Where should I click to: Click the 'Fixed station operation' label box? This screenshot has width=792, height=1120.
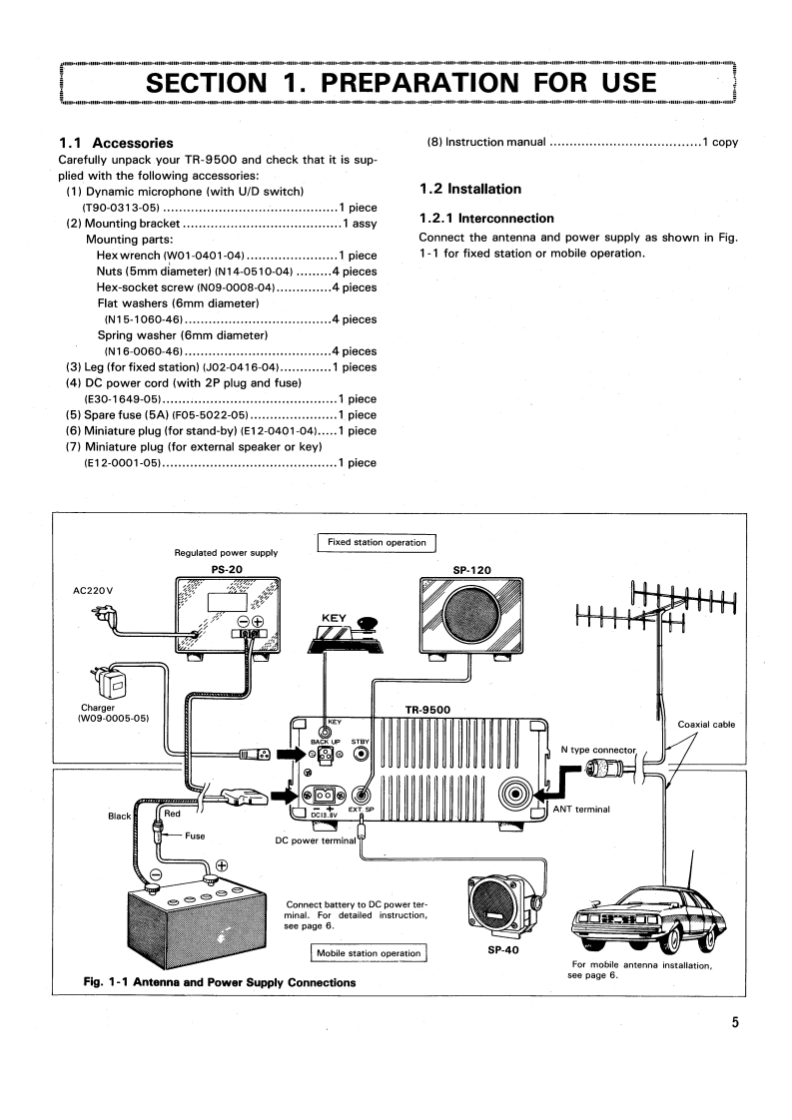pyautogui.click(x=376, y=542)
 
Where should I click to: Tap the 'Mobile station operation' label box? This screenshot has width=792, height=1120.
pyautogui.click(x=369, y=953)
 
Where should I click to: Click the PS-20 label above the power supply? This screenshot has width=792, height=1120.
pyautogui.click(x=226, y=569)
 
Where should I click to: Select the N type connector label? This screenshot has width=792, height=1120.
pyautogui.click(x=597, y=750)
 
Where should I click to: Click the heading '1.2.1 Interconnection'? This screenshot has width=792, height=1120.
pyautogui.click(x=486, y=218)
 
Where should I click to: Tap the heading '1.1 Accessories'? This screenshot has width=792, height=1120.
pyautogui.click(x=116, y=143)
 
